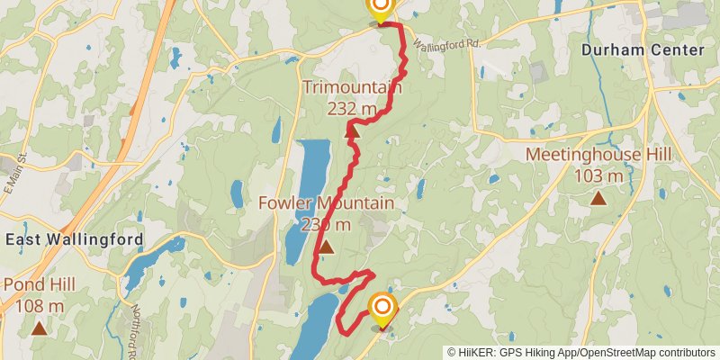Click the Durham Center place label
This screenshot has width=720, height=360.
[642, 50]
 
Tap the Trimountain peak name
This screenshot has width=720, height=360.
[352, 87]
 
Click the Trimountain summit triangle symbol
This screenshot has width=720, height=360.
[352, 131]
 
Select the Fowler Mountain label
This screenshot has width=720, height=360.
[326, 203]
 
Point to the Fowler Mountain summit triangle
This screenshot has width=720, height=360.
[326, 246]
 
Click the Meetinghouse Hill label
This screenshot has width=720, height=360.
[598, 155]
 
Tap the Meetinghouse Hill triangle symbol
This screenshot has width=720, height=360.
[598, 197]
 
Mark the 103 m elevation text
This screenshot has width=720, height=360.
[598, 175]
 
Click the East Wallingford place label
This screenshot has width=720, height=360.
[74, 239]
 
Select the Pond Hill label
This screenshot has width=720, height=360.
[39, 285]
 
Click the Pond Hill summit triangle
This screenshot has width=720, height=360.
[39, 328]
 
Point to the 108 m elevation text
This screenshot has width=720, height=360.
[39, 306]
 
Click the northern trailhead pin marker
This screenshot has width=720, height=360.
[381, 9]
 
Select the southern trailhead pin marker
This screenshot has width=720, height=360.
[382, 310]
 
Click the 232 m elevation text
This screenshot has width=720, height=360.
[352, 109]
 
